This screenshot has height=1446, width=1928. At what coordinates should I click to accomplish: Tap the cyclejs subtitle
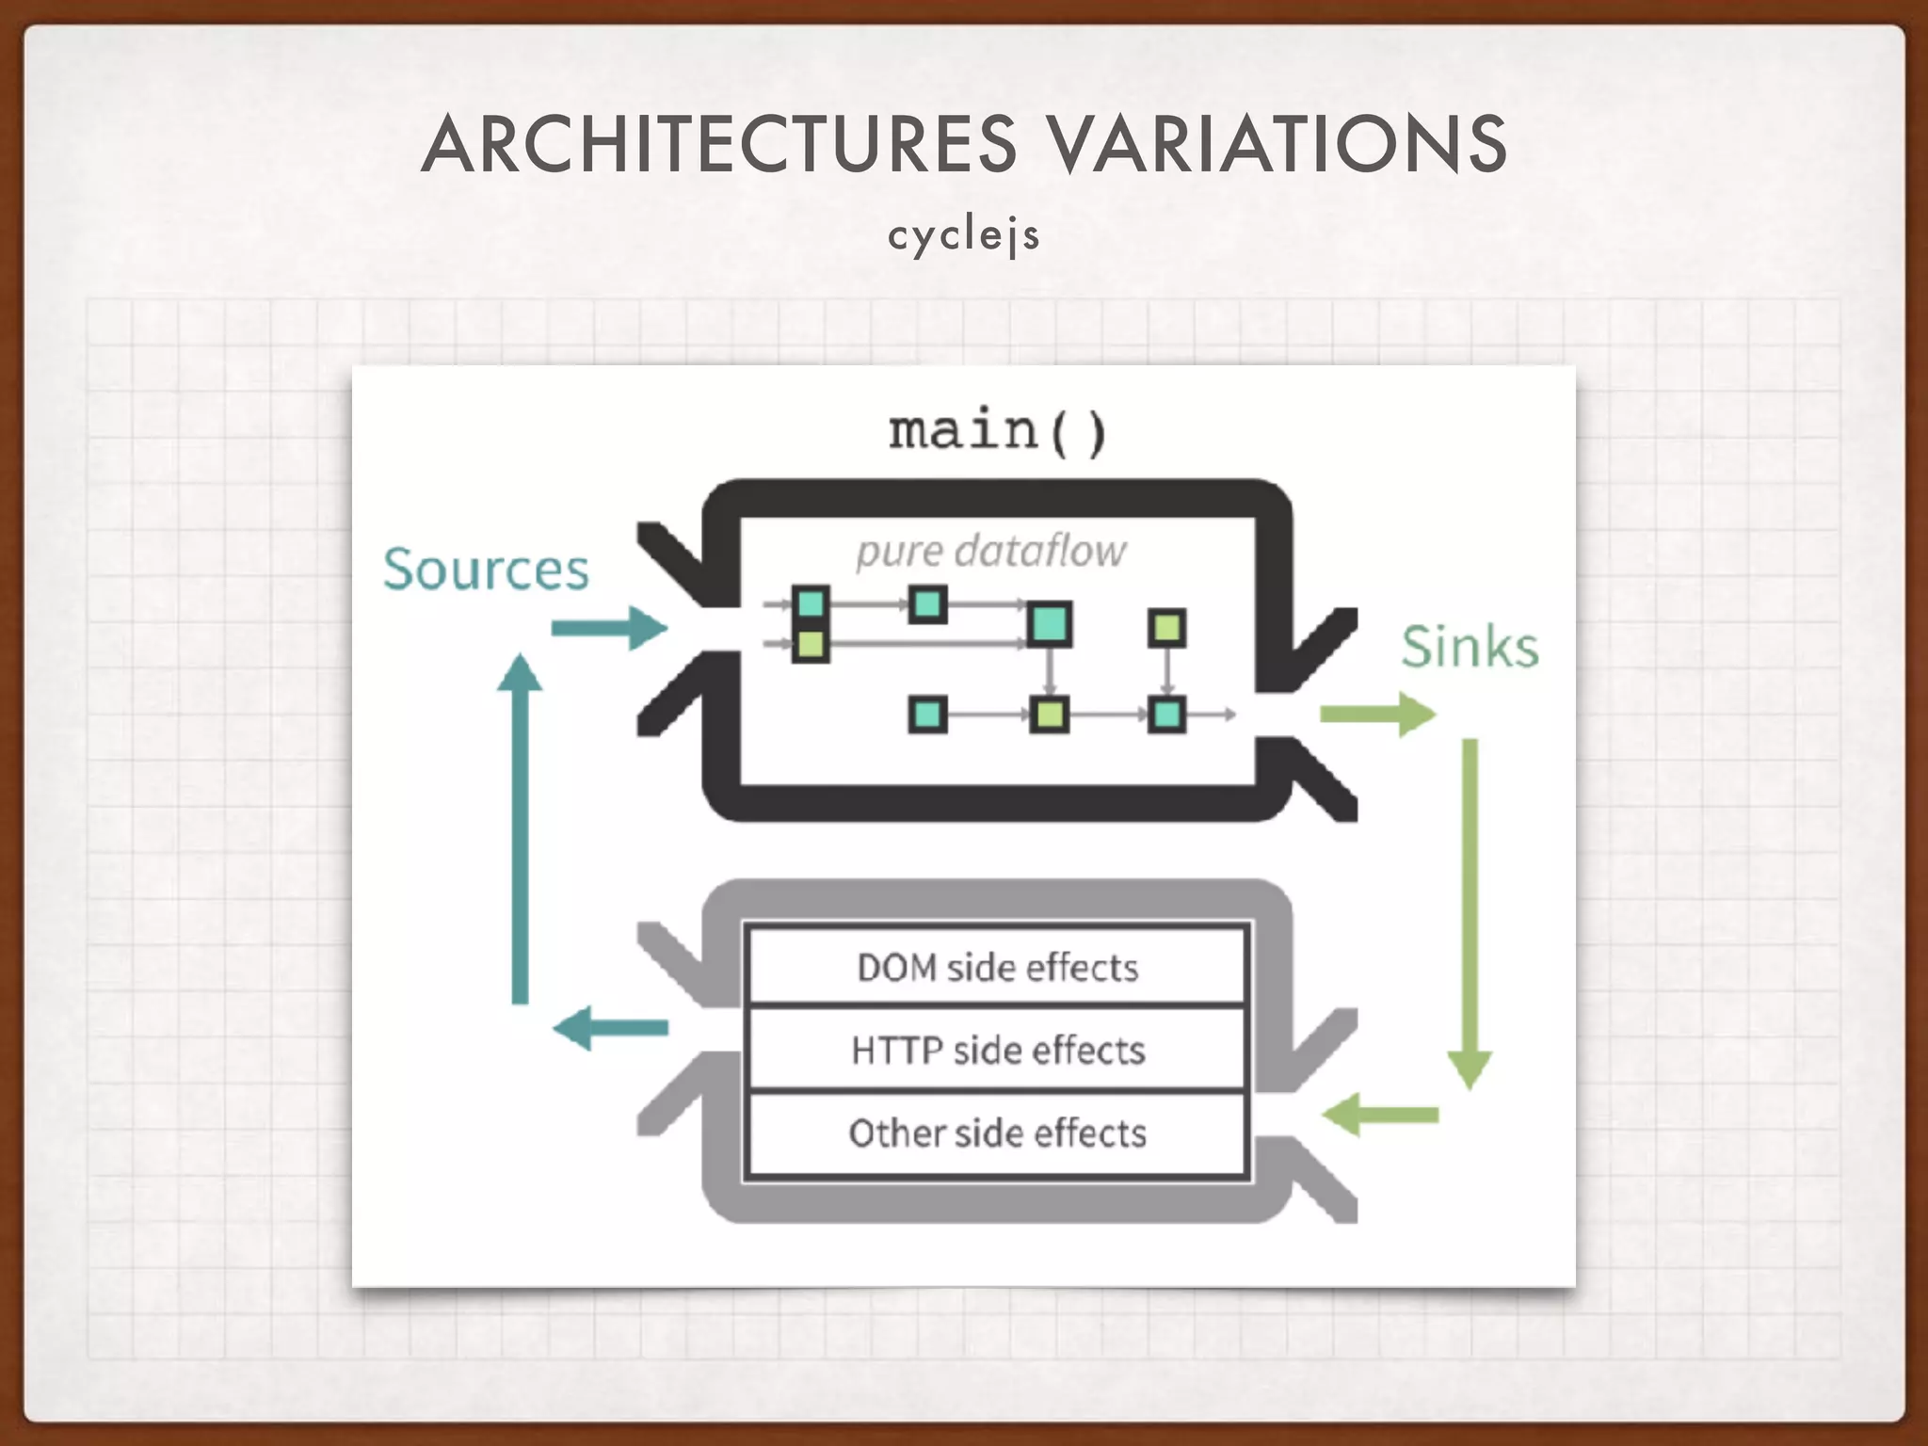(x=963, y=235)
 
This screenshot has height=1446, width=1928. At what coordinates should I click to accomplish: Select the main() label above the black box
(x=997, y=431)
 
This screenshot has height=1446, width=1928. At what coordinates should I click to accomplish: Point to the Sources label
(x=486, y=570)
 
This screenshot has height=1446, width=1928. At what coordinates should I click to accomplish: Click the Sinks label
(x=1470, y=647)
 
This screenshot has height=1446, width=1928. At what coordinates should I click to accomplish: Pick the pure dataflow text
(x=990, y=552)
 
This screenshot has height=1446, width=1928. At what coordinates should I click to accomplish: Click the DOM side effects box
(x=997, y=968)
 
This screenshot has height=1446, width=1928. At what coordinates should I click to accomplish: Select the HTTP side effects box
(x=997, y=1050)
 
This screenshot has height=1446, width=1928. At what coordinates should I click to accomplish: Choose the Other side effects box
(x=997, y=1133)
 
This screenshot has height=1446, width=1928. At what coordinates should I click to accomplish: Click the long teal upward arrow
(x=520, y=828)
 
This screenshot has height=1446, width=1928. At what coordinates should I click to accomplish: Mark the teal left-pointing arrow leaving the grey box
(x=610, y=1027)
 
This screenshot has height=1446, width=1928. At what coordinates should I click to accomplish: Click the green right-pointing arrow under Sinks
(x=1377, y=715)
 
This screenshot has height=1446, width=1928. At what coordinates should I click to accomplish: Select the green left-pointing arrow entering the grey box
(x=1380, y=1115)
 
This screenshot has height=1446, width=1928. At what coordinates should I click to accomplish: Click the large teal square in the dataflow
(x=1050, y=623)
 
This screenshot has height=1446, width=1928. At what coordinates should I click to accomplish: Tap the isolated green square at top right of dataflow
(x=1167, y=627)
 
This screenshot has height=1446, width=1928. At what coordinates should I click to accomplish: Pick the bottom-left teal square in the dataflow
(x=928, y=715)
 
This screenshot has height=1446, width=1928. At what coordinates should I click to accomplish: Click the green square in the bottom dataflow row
(x=1049, y=715)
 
